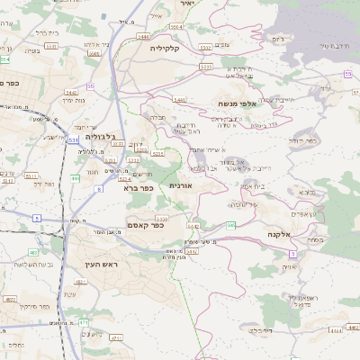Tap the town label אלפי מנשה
pyautogui.click(x=239, y=104)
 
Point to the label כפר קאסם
pyautogui.click(x=145, y=226)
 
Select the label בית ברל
pyautogui.click(x=46, y=32)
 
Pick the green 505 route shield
pyautogui.click(x=230, y=224)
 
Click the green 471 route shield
pyautogui.click(x=84, y=321)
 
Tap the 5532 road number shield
pyautogui.click(x=205, y=45)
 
